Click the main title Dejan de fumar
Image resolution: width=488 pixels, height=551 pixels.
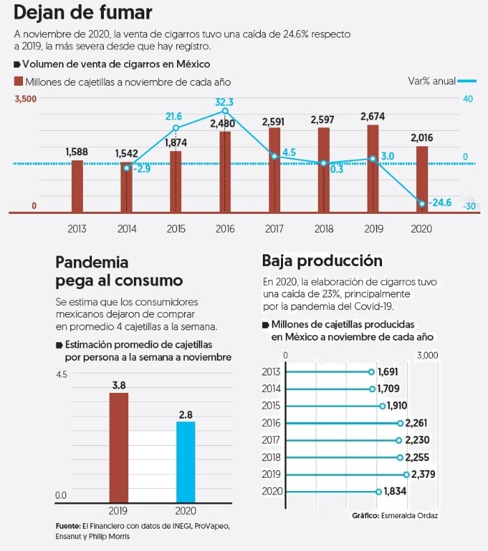83,13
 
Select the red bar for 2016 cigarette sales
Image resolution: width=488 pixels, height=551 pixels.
225,171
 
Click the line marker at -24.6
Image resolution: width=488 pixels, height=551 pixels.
422,203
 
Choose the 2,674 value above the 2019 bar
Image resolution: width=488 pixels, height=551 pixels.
373,116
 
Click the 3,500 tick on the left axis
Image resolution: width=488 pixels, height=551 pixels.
26,99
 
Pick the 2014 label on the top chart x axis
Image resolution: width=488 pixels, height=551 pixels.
127,228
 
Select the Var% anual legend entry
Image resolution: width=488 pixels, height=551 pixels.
432,82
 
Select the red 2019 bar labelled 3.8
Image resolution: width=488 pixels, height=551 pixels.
119,447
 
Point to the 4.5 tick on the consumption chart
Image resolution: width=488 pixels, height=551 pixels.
61,374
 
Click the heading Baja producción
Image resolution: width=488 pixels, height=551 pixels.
322,261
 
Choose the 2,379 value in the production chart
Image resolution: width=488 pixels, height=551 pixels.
425,474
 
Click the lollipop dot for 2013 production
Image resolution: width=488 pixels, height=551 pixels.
372,372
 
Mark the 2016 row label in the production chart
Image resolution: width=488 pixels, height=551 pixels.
271,423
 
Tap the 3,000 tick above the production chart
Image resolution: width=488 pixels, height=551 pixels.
427,355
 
